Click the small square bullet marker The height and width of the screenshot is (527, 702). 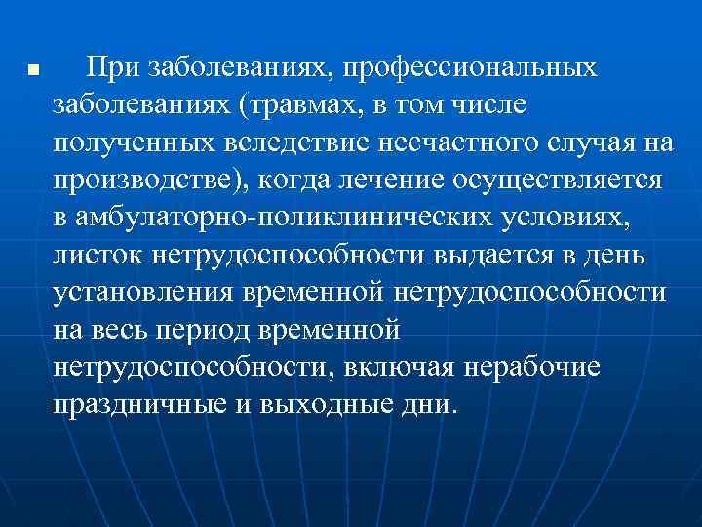pyautogui.click(x=33, y=72)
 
